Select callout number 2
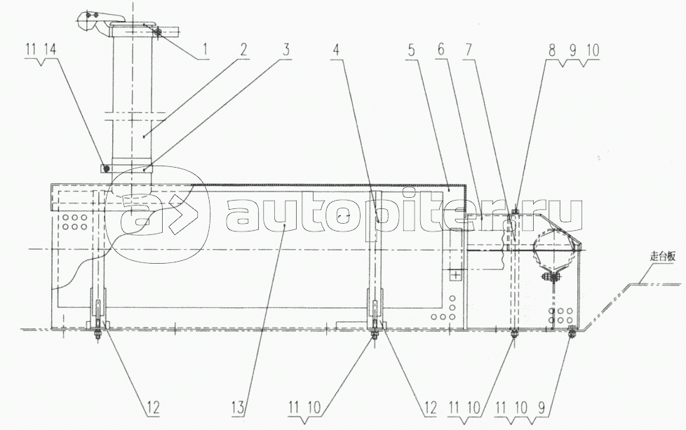(243, 50)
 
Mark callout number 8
(552, 51)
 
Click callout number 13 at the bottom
(239, 408)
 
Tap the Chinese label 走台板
(661, 257)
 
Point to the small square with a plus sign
(456, 275)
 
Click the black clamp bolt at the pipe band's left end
(105, 168)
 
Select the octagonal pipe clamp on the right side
(555, 249)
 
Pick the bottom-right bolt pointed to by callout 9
(572, 331)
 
